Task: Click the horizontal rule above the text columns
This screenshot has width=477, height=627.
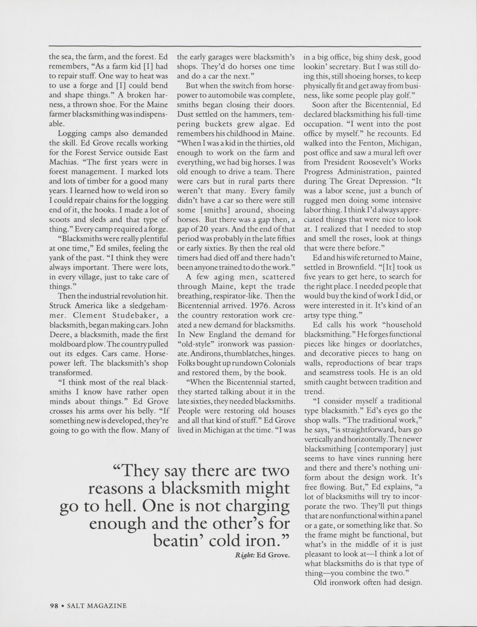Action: [235, 46]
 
